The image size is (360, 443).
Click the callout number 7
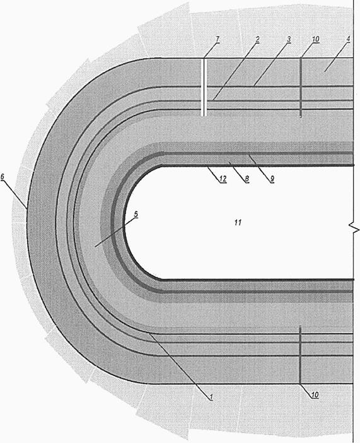pyautogui.click(x=218, y=39)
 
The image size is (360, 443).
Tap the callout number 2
pyautogui.click(x=257, y=39)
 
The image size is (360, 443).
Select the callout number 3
pyautogui.click(x=289, y=39)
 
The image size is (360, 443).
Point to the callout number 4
pyautogui.click(x=348, y=39)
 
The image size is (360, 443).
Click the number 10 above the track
pyautogui.click(x=316, y=39)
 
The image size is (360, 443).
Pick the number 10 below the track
pyautogui.click(x=315, y=394)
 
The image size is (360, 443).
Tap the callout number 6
pyautogui.click(x=3, y=177)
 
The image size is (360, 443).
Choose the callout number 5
pyautogui.click(x=136, y=215)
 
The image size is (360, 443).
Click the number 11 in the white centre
pyautogui.click(x=238, y=223)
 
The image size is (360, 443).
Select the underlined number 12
pyautogui.click(x=223, y=179)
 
